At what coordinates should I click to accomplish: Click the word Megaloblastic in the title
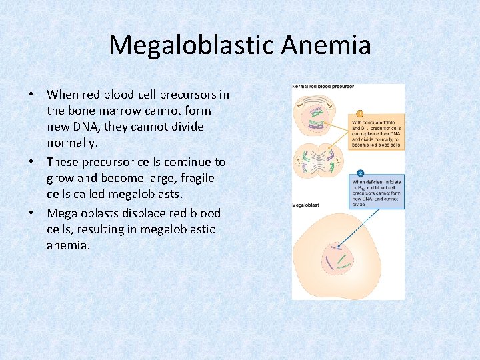coord(191,45)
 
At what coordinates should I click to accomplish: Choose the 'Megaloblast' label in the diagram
coord(306,205)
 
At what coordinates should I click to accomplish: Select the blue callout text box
coord(377,193)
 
